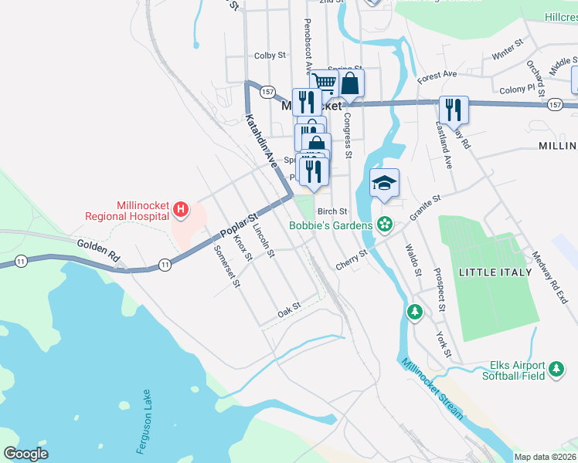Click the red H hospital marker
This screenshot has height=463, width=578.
click(181, 208)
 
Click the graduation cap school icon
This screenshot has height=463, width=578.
click(384, 184)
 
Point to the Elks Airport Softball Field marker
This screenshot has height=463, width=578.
click(556, 370)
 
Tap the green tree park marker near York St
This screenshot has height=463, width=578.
click(415, 311)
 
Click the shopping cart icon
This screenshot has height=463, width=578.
click(325, 83)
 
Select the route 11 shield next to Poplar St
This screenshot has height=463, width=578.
click(165, 265)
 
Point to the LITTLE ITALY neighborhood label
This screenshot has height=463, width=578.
click(495, 272)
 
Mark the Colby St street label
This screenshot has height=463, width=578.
click(270, 56)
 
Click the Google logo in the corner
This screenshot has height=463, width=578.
click(25, 453)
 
